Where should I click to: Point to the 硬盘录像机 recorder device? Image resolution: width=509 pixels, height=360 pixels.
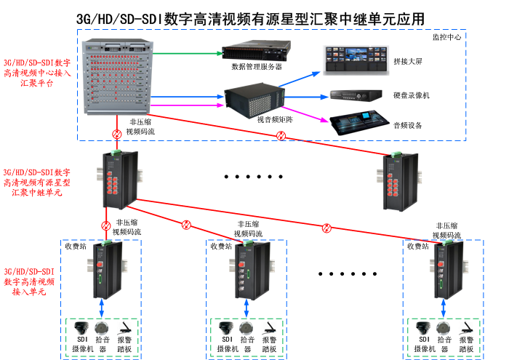(356, 95)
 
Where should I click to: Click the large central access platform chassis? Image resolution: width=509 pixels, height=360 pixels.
(120, 76)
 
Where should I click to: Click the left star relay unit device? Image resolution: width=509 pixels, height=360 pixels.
(116, 177)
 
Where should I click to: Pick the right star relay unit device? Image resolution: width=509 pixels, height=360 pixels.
(397, 178)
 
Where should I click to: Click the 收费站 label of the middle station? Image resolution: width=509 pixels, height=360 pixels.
(221, 247)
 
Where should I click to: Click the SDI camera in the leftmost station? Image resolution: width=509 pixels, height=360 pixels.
(82, 328)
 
